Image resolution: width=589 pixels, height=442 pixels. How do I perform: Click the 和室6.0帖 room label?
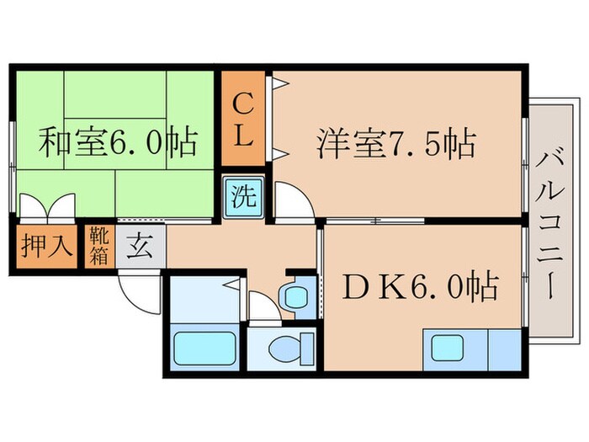117,142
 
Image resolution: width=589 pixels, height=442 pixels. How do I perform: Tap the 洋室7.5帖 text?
396,142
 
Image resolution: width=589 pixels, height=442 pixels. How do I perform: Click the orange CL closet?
243,120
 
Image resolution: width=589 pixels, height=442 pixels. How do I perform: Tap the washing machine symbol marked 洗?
242,201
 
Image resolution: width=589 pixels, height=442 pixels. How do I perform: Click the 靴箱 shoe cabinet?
99,245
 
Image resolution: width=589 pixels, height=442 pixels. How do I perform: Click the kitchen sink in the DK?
454,347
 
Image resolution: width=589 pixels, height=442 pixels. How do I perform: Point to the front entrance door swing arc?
138,288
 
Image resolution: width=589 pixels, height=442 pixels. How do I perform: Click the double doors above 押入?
47,207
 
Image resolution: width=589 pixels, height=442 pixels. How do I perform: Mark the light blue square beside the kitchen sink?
505,347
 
